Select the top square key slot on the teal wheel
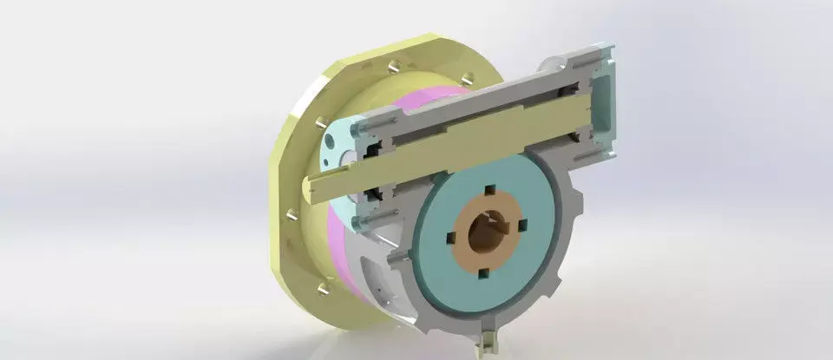click(489, 190)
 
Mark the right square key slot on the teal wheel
click(522, 227)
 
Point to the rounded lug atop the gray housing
click(552, 64)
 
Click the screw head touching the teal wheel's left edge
click(400, 259)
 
